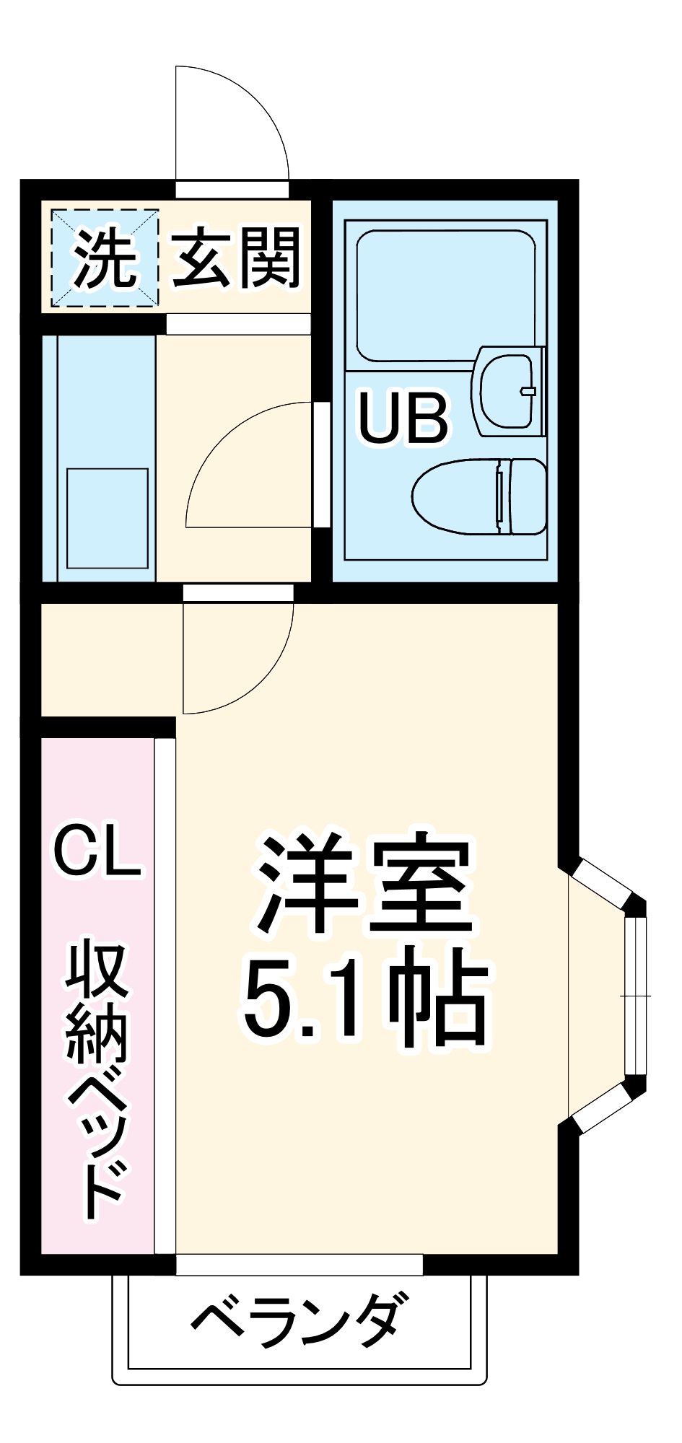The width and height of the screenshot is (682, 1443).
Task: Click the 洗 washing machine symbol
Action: tap(105, 259)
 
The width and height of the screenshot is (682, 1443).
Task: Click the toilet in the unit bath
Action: tap(462, 497)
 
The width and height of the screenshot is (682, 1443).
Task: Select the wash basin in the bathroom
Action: tap(508, 392)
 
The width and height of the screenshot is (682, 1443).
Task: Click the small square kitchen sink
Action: tap(108, 518)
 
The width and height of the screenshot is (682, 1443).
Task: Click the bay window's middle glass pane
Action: tap(634, 996)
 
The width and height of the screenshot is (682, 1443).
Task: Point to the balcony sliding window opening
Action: tap(299, 1263)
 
